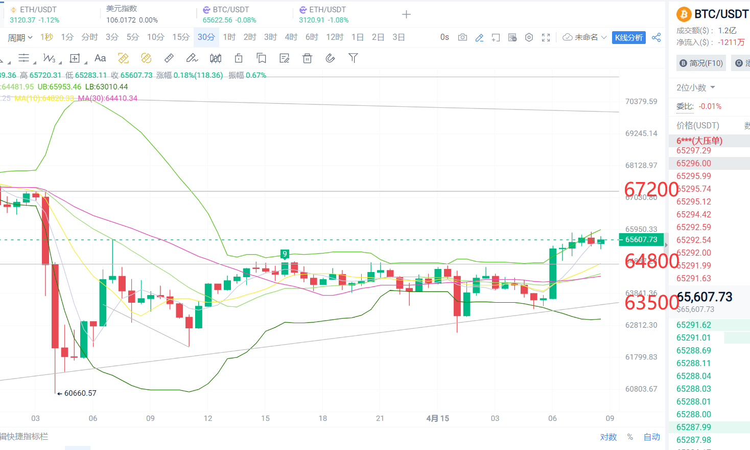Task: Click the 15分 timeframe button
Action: pyautogui.click(x=180, y=37)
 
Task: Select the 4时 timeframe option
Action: pyautogui.click(x=291, y=37)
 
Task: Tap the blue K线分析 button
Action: pyautogui.click(x=628, y=37)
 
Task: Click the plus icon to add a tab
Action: pyautogui.click(x=406, y=14)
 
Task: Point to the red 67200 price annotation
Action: pyautogui.click(x=651, y=190)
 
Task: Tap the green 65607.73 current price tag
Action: pyautogui.click(x=641, y=239)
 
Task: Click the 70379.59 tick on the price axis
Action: pyautogui.click(x=641, y=102)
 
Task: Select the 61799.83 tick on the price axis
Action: pyautogui.click(x=641, y=357)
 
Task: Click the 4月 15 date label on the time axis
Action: pyautogui.click(x=438, y=418)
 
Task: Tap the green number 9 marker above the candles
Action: pyautogui.click(x=285, y=254)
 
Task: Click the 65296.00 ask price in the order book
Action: pyautogui.click(x=693, y=164)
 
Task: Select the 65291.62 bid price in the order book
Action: pyautogui.click(x=693, y=325)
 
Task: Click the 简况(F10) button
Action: pyautogui.click(x=701, y=63)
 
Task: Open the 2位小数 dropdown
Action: pyautogui.click(x=695, y=87)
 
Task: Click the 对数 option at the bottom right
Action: pyautogui.click(x=608, y=437)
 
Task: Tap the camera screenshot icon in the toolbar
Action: pyautogui.click(x=462, y=37)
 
